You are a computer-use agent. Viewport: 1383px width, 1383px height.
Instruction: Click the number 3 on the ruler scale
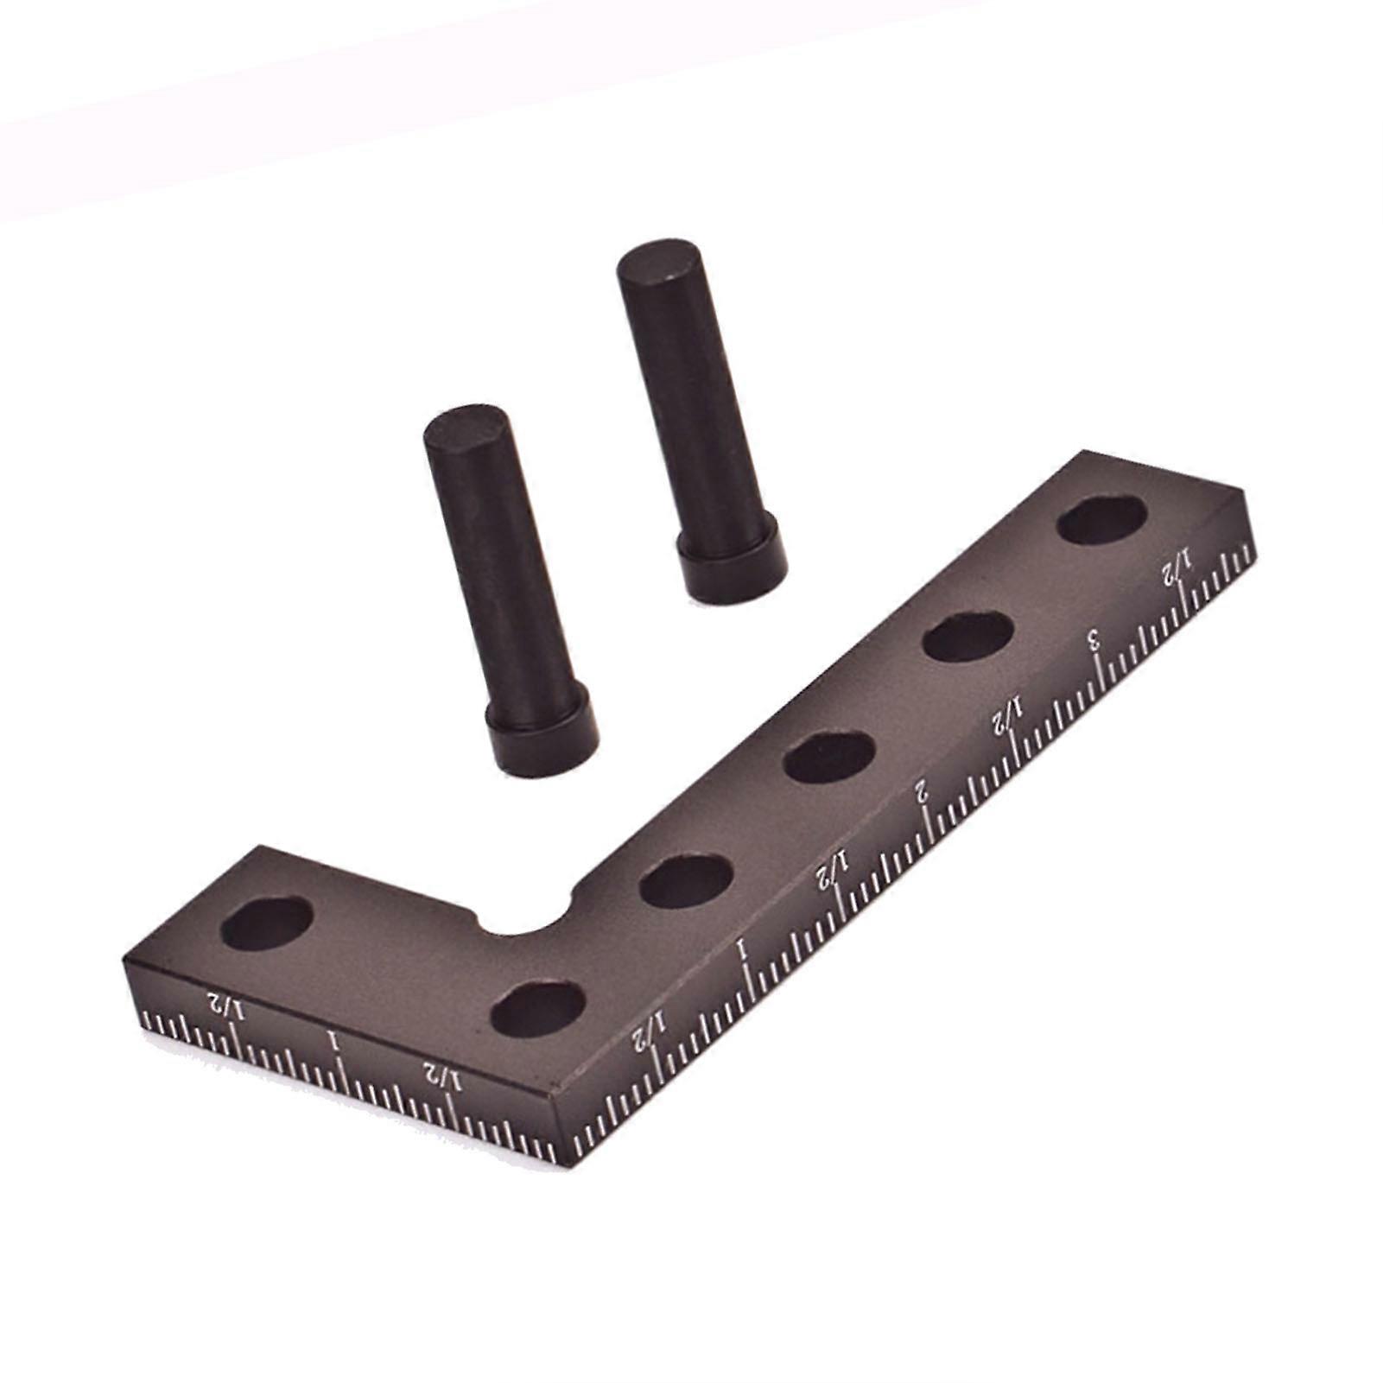(1094, 640)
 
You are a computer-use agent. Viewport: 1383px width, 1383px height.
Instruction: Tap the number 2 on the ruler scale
(923, 790)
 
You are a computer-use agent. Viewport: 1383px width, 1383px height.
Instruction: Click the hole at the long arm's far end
(1101, 520)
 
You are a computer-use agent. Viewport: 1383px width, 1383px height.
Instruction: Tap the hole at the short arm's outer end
(267, 923)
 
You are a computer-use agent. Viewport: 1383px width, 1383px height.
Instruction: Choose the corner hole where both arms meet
(538, 1008)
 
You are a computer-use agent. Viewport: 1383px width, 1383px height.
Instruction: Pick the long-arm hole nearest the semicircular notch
(687, 880)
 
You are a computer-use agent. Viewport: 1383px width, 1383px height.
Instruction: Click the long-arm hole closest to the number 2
(828, 758)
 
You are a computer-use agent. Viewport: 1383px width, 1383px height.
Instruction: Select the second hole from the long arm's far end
(967, 636)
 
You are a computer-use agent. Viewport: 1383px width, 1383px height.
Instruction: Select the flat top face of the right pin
(658, 262)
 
